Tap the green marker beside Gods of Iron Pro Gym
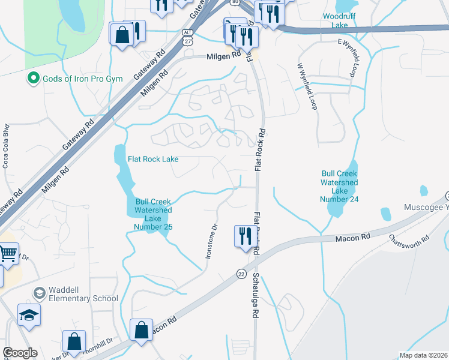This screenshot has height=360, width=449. point(32,79)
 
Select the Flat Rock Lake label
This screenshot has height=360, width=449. point(153,160)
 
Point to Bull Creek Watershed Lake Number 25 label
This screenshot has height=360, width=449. point(154,214)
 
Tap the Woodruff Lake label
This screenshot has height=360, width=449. point(335,20)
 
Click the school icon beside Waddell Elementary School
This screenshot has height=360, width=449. point(40,293)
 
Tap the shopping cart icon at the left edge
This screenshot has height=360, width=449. point(8,254)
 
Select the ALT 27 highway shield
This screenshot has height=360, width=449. point(187,37)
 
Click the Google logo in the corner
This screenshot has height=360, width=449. point(20,353)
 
